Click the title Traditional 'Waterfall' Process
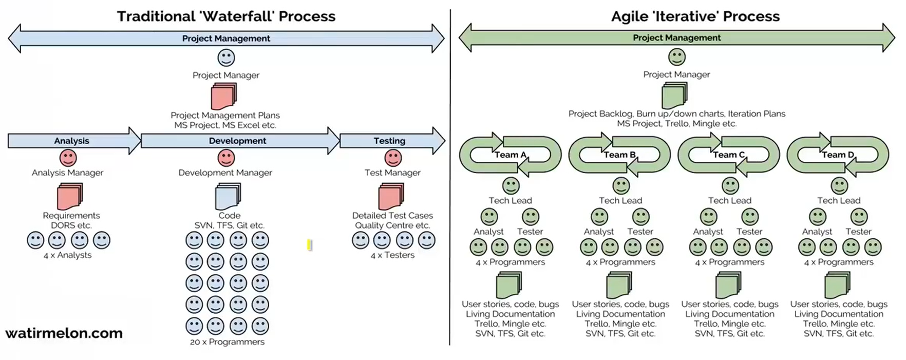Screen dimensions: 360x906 coord(226,16)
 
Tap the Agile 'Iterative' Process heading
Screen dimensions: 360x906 coord(695,16)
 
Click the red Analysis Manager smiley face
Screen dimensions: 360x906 coord(68,158)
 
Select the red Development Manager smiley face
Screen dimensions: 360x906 coord(226,158)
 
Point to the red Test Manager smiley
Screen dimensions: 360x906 coord(393,158)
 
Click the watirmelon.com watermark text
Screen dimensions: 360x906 coord(64,333)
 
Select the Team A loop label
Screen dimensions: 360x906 coord(510,155)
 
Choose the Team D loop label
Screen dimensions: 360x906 coord(838,155)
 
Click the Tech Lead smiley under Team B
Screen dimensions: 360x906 coord(621,185)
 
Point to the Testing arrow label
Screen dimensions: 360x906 coord(389,141)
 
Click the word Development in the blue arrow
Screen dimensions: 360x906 coord(237,141)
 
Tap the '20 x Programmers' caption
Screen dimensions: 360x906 coord(227,342)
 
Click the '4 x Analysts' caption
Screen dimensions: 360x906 coord(67,255)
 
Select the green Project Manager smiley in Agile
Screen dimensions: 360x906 coord(676,57)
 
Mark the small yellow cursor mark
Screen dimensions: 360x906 coord(309,245)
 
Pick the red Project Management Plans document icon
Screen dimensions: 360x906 coord(224,97)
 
